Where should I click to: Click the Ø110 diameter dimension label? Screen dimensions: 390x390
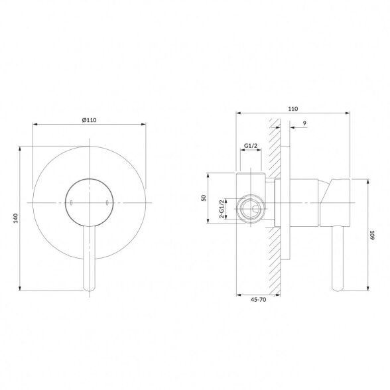89,120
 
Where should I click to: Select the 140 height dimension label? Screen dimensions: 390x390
16,218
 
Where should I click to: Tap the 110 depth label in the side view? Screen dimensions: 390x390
293,109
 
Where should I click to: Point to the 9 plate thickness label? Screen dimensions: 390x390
304,123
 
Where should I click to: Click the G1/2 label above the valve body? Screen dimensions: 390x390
251,146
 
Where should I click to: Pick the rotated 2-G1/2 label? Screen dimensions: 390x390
222,208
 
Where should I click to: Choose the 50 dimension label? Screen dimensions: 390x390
204,198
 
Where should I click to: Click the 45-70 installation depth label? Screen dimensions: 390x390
258,300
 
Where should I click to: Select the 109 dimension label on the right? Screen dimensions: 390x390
372,235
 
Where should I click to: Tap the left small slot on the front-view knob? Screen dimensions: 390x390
71,203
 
